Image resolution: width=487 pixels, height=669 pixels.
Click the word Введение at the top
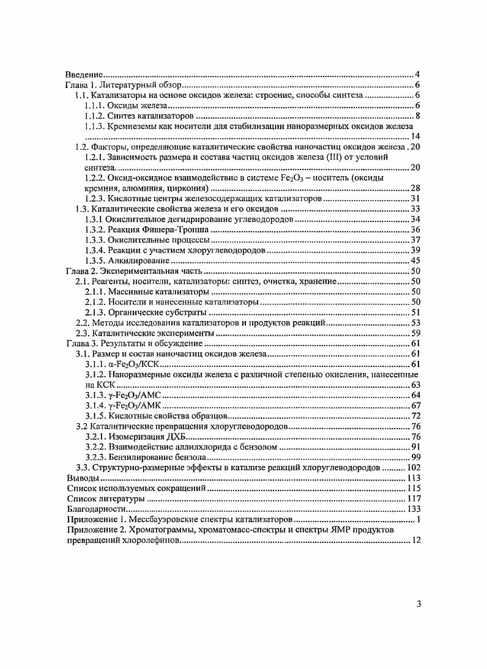coord(85,73)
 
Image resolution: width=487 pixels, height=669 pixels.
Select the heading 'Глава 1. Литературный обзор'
coord(122,84)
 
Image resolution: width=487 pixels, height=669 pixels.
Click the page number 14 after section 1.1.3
coord(414,136)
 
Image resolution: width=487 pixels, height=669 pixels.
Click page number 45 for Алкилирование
coord(414,261)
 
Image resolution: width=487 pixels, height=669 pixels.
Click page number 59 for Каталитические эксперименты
coord(414,333)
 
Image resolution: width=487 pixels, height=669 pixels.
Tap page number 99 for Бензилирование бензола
coord(414,457)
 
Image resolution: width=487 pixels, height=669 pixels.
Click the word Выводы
coord(81,478)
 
